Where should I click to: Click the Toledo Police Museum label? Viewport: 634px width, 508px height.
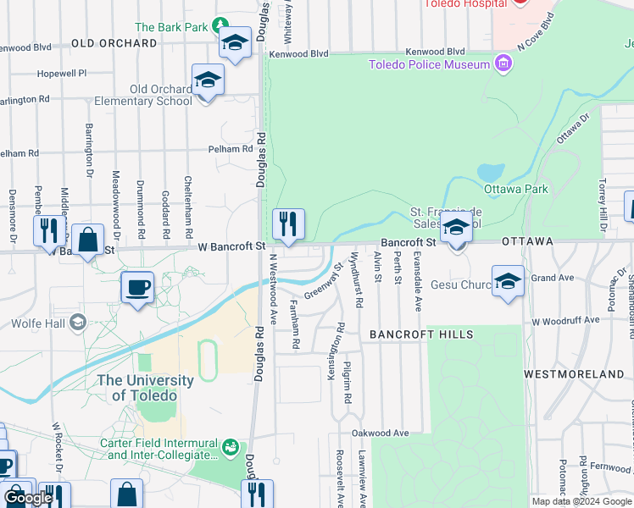tap(429, 64)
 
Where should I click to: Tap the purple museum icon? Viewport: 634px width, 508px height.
tap(504, 63)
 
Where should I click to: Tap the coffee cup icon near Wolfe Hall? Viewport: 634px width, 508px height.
tap(137, 288)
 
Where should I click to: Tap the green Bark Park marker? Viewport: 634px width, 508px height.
tap(221, 25)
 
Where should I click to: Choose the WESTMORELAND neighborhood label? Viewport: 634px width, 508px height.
tap(574, 373)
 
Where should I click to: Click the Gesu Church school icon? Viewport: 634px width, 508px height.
tap(508, 283)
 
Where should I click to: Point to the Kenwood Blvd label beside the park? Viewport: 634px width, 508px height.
tap(298, 53)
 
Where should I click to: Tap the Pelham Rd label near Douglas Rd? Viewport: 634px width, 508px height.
tap(231, 149)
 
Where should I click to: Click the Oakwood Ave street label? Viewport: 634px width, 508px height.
tap(381, 433)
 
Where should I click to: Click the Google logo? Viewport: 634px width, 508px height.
tap(28, 497)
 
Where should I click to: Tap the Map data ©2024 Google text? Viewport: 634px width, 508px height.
tap(581, 501)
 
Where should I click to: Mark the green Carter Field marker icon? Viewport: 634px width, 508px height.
tap(230, 445)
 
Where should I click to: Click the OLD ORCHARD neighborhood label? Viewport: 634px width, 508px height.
tap(114, 42)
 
